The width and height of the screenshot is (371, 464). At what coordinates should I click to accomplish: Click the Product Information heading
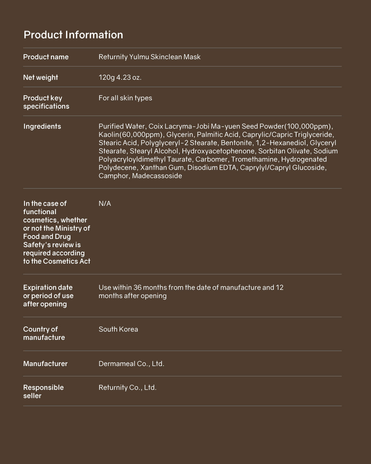click(73, 35)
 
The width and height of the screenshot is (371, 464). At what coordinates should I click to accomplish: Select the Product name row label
click(46, 57)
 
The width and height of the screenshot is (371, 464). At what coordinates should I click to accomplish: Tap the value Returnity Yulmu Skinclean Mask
click(149, 57)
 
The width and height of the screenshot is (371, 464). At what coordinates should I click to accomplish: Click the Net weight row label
click(41, 78)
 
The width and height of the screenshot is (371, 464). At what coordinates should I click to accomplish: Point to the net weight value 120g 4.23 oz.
click(120, 78)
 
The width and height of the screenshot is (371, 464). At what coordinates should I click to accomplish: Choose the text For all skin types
click(125, 98)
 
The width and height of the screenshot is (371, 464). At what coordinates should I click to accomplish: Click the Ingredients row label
click(42, 126)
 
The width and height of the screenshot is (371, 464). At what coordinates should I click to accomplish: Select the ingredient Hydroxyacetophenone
click(218, 151)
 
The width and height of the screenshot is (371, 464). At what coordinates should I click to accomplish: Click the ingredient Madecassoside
click(157, 176)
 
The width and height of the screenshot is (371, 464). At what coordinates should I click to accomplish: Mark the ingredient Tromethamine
click(254, 159)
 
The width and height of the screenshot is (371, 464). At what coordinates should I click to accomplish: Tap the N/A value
click(105, 203)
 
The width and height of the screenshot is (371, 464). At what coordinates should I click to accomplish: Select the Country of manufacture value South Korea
click(118, 329)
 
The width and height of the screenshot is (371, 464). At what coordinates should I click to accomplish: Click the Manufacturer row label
click(45, 364)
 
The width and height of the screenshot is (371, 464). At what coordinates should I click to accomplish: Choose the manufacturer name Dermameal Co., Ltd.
click(131, 364)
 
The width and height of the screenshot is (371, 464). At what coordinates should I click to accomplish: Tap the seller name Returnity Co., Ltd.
click(127, 388)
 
